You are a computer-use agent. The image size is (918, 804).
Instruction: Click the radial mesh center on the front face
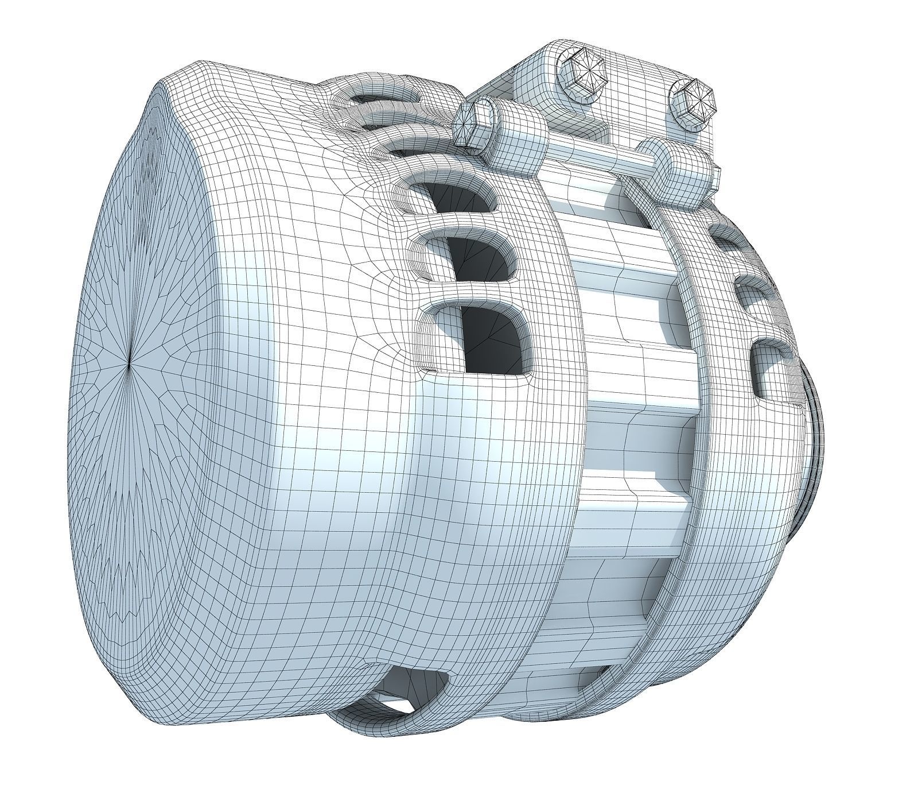(130, 362)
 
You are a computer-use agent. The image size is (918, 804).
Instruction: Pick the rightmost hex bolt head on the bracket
(694, 102)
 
